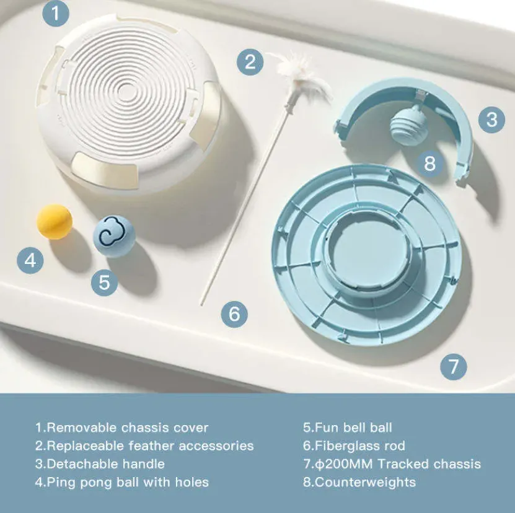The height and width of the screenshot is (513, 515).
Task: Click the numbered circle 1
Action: click(56, 14)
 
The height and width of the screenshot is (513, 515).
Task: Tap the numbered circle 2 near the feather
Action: click(250, 62)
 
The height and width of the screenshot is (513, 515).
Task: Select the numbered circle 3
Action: click(491, 119)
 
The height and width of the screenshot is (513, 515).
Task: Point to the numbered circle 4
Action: click(30, 261)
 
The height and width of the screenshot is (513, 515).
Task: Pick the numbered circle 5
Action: click(104, 282)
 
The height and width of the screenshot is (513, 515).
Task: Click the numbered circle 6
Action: click(234, 314)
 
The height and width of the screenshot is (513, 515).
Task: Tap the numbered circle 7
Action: click(453, 367)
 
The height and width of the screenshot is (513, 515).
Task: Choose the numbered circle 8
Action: click(429, 163)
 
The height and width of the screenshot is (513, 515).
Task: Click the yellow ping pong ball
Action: click(54, 222)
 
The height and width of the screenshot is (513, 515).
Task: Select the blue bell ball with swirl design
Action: click(114, 236)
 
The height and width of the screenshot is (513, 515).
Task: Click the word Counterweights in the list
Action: click(365, 482)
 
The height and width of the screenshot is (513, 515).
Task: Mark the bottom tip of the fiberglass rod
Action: click(202, 304)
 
